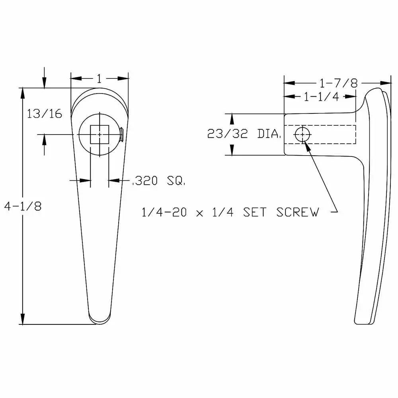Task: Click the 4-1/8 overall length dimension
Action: tap(22, 206)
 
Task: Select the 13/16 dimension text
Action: tap(44, 114)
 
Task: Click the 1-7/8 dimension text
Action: tap(338, 83)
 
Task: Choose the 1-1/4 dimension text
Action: tap(321, 97)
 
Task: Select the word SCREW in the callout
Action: tap(298, 213)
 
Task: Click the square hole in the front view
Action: tap(99, 134)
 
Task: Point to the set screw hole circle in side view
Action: tap(303, 135)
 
